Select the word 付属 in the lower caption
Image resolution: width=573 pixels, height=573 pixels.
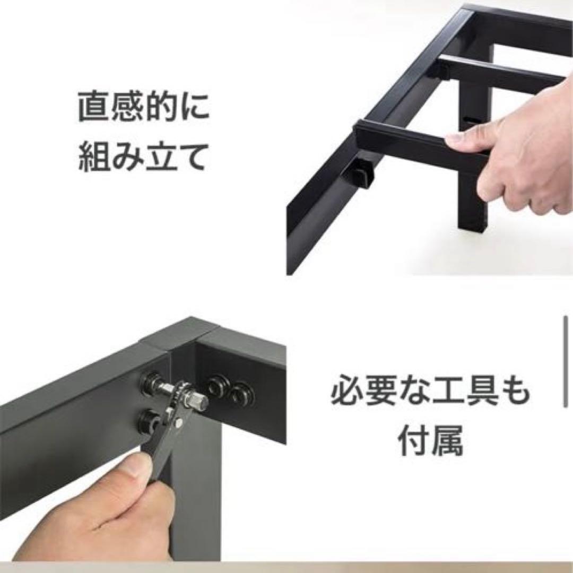pyautogui.click(x=431, y=440)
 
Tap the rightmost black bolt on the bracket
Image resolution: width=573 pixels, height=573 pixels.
pyautogui.click(x=241, y=394)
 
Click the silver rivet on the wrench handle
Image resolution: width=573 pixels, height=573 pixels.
pyautogui.click(x=179, y=423)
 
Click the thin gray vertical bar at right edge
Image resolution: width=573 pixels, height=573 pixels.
pyautogui.click(x=566, y=362)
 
